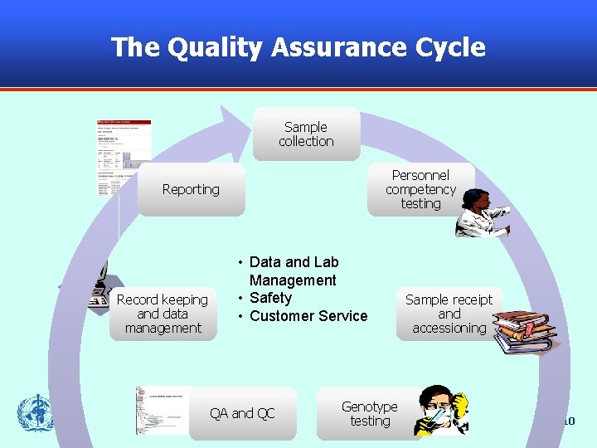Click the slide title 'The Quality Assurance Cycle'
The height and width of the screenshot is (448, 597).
298,47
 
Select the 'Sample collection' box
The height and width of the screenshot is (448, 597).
306,134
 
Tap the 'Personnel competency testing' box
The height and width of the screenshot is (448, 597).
420,189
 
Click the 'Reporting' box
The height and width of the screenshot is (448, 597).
191,189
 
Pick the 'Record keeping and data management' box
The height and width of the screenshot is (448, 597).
163,314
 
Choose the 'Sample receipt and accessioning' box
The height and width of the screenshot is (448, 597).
449,314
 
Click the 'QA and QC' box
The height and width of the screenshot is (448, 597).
242,413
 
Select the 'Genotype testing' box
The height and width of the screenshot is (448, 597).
369,413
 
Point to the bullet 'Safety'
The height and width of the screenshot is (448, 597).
270,298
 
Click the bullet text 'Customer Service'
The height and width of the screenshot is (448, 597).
308,316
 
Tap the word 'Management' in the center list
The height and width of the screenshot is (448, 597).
293,280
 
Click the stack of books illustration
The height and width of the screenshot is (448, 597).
522,332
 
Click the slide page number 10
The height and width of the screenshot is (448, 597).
568,421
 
